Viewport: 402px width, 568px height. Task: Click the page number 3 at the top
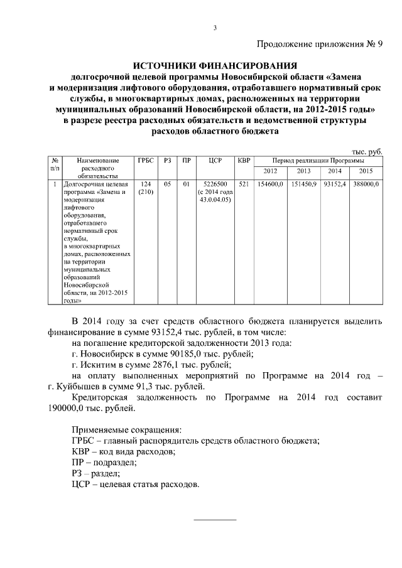click(214, 27)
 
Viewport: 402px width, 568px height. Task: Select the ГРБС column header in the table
click(145, 161)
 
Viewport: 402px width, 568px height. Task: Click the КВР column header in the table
click(244, 161)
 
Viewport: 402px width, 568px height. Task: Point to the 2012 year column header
click(270, 171)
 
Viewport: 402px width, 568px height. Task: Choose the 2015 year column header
click(366, 171)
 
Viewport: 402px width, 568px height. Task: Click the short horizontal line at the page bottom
click(214, 520)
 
